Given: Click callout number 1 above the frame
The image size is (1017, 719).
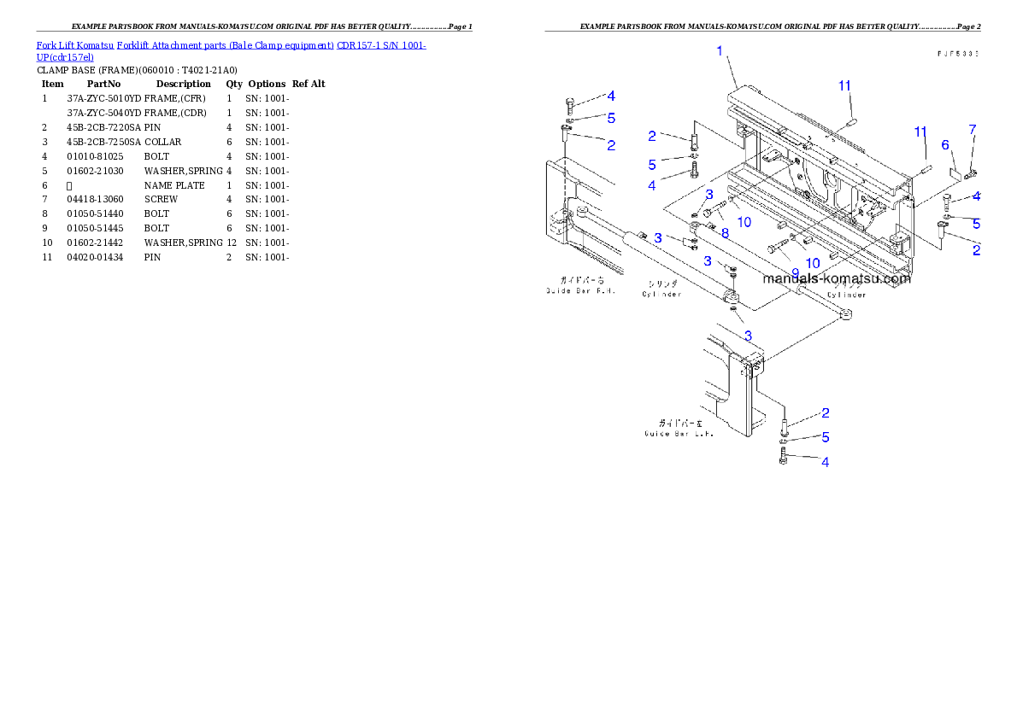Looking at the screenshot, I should tap(720, 51).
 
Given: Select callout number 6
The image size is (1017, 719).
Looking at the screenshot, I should tap(946, 145).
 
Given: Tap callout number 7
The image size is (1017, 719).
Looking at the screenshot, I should tap(972, 129).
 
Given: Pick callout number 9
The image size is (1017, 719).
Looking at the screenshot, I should tap(795, 273).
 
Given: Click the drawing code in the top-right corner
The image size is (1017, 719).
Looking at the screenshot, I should tap(957, 53).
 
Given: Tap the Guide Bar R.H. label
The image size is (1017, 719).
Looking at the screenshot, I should tap(573, 285).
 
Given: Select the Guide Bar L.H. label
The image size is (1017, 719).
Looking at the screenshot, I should tap(679, 428).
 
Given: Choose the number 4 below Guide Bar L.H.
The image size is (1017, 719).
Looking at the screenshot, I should tap(825, 463).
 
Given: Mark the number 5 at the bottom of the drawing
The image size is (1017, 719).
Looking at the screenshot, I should tap(826, 438).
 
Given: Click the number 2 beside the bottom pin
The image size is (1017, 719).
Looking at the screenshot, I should tap(826, 413).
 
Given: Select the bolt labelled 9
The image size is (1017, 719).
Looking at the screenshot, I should tap(775, 248).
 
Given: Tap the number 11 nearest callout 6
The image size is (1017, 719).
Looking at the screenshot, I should tap(920, 132).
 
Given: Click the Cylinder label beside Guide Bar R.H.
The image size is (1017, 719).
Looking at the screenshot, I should tap(662, 289).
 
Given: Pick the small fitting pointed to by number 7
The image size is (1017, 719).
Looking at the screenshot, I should tap(970, 176).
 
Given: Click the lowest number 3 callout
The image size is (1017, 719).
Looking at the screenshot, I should tap(748, 335).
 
